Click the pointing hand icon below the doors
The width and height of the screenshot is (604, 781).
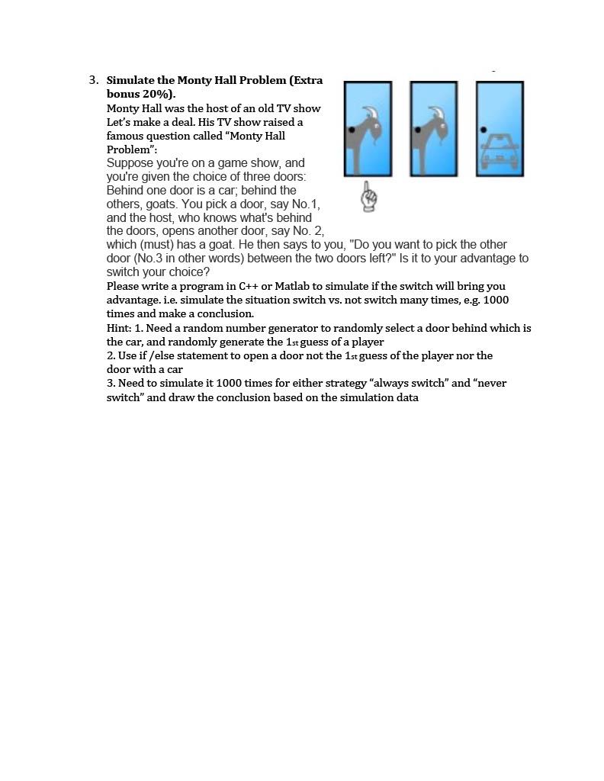pos(369,196)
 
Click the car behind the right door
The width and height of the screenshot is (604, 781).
pos(500,152)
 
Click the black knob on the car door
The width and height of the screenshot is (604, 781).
pos(484,130)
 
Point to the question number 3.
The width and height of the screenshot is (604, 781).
pos(93,80)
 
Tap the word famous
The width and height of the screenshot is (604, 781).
pos(126,136)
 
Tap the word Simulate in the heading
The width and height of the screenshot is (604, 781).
pos(131,80)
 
